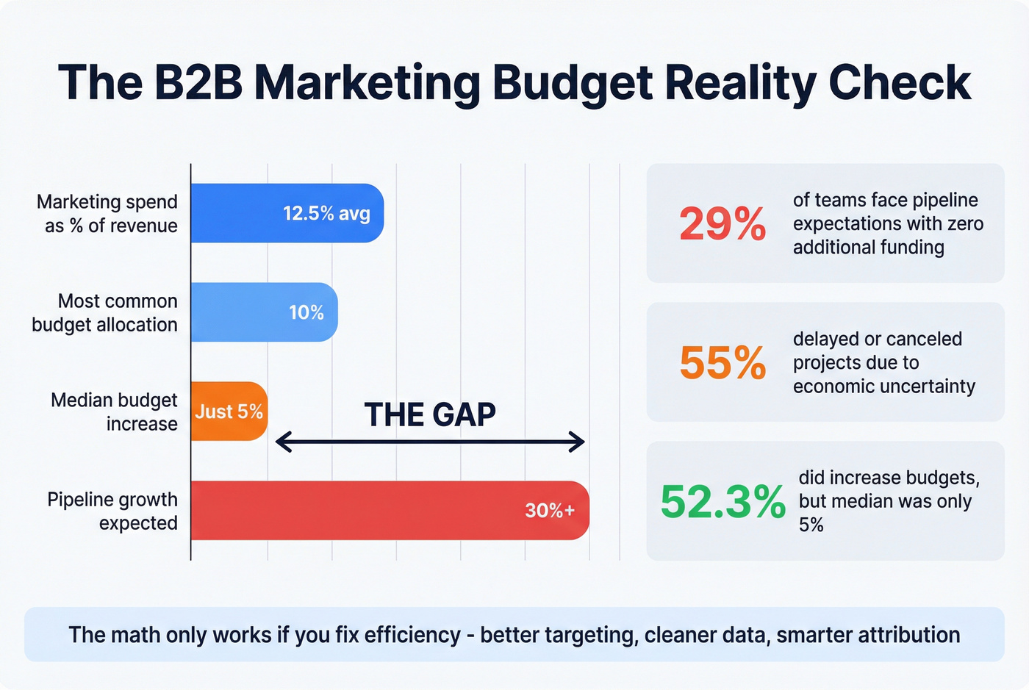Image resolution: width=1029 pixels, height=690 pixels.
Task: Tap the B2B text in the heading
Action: coord(198,82)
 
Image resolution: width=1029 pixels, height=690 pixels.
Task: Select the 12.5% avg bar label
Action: coord(326,213)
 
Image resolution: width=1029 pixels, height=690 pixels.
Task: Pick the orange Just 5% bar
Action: coord(229,412)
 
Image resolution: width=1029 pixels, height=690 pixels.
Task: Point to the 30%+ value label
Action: coord(550,511)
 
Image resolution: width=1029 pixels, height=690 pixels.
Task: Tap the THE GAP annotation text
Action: coord(430,415)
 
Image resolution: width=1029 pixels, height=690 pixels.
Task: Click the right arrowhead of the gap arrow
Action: coord(577,442)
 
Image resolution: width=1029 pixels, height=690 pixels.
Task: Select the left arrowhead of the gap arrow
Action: coord(283,442)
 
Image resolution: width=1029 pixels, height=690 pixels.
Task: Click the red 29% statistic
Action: coord(723,223)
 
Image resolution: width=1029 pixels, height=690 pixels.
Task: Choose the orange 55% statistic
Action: coord(723,362)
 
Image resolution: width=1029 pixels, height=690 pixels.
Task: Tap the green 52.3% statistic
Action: coord(723,501)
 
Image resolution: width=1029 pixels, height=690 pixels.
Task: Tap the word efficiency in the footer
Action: coord(412,635)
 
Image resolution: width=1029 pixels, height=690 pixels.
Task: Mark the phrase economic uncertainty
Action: coord(883,387)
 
